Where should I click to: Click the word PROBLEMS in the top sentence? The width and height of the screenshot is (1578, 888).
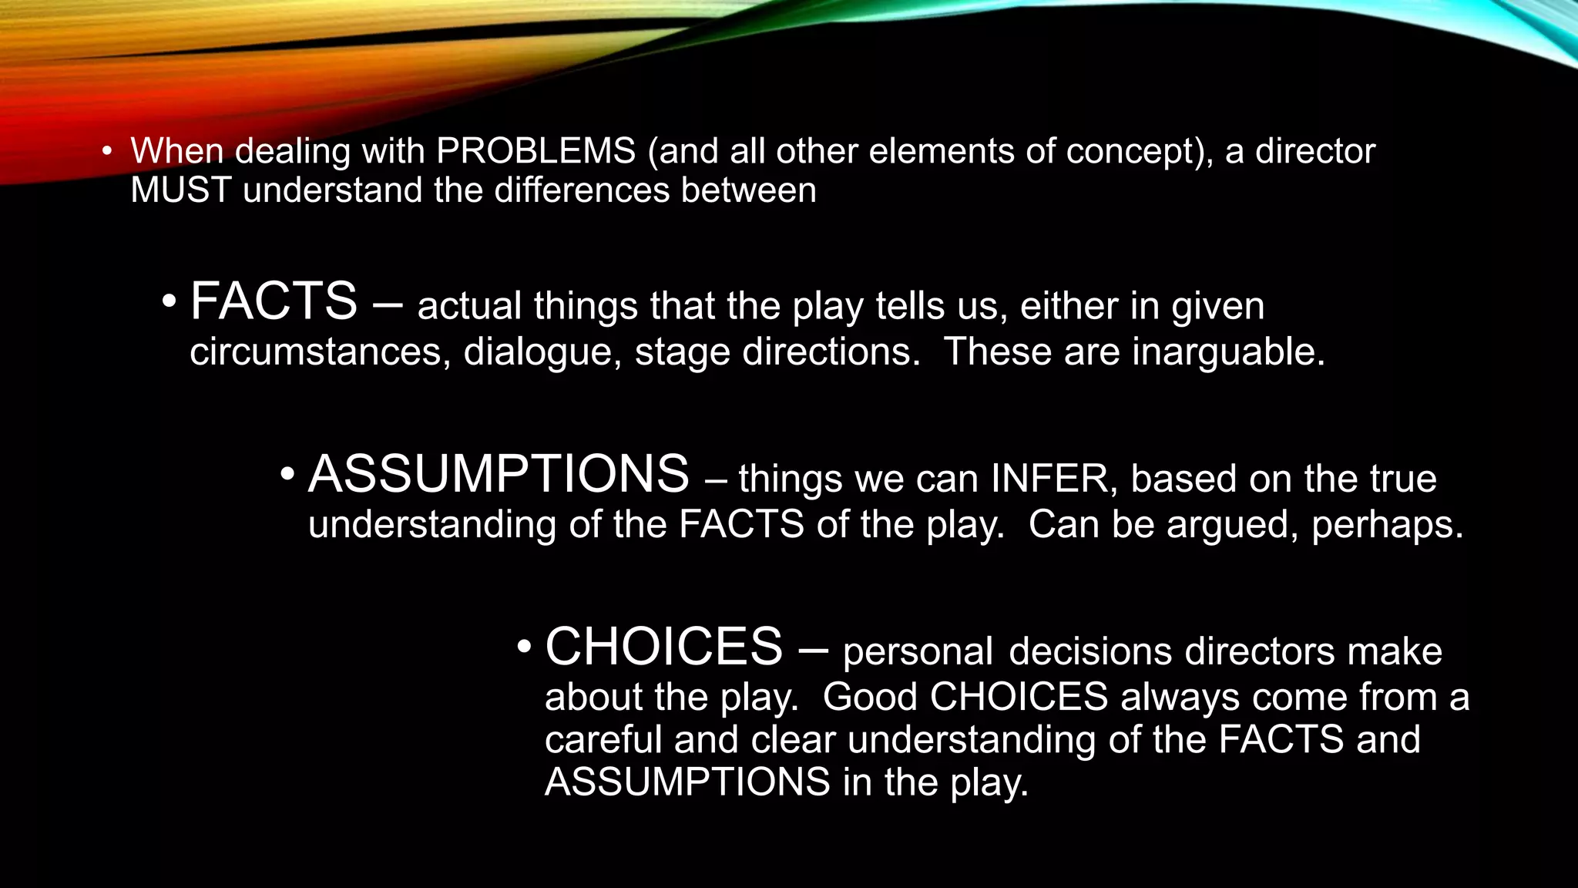click(536, 151)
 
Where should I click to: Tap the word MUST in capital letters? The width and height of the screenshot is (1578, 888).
click(181, 190)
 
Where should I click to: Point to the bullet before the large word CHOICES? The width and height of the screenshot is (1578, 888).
click(524, 646)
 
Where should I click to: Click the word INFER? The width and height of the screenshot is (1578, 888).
click(1049, 479)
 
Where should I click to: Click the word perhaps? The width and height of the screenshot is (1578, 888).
click(1387, 525)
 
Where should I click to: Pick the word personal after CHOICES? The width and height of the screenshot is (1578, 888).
click(918, 651)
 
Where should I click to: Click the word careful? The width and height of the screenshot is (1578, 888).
click(603, 740)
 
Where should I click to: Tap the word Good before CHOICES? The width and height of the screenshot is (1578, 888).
click(870, 697)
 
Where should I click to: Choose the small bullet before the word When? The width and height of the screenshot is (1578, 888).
click(107, 151)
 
